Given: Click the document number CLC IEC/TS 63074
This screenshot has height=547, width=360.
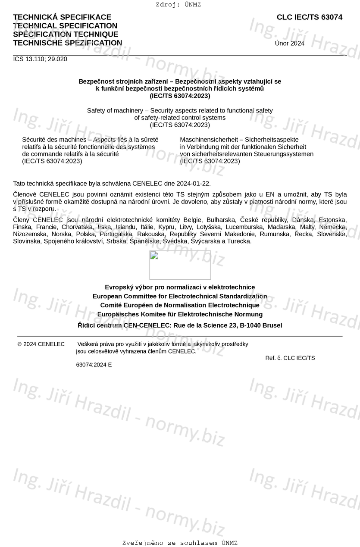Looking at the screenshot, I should (x=310, y=17).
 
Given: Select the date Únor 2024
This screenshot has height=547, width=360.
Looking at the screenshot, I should (x=289, y=43).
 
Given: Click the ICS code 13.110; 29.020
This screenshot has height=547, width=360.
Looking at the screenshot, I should (x=40, y=59).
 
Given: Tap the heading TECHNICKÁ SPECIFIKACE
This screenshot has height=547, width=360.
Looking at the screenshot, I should (x=62, y=17).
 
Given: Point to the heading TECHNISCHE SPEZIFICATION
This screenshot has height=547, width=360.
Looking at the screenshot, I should (x=67, y=43).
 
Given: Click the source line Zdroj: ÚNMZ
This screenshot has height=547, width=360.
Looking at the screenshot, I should (x=178, y=5).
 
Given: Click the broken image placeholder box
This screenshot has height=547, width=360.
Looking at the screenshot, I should (x=180, y=265).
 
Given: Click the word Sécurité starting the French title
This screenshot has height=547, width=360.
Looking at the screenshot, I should (x=35, y=140).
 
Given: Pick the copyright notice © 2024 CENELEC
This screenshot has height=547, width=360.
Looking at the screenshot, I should (x=41, y=344).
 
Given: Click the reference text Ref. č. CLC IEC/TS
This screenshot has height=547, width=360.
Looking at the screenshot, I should (x=290, y=358).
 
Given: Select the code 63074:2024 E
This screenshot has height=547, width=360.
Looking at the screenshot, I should (x=94, y=365).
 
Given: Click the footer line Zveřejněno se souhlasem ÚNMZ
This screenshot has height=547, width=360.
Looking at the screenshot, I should (x=180, y=543).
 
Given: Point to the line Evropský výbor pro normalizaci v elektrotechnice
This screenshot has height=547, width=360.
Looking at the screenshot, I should (x=180, y=287).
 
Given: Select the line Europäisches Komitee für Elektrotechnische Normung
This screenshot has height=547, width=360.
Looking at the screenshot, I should (x=180, y=314).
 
